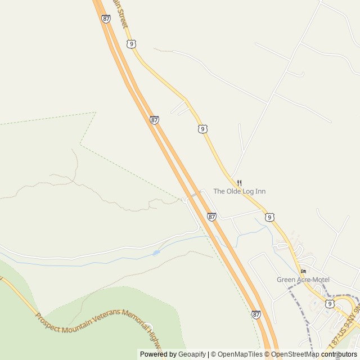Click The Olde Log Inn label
[239, 191]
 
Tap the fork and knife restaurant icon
[239, 183]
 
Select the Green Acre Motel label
[303, 280]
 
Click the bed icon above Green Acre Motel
[304, 271]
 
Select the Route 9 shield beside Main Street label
[130, 43]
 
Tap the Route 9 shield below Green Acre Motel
[329, 304]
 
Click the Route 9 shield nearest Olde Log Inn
[270, 217]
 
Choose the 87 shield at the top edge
[106, 19]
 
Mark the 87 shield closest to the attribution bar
[256, 314]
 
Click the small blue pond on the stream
[156, 253]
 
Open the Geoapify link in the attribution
[192, 354]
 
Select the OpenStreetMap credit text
[295, 354]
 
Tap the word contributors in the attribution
[339, 354]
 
